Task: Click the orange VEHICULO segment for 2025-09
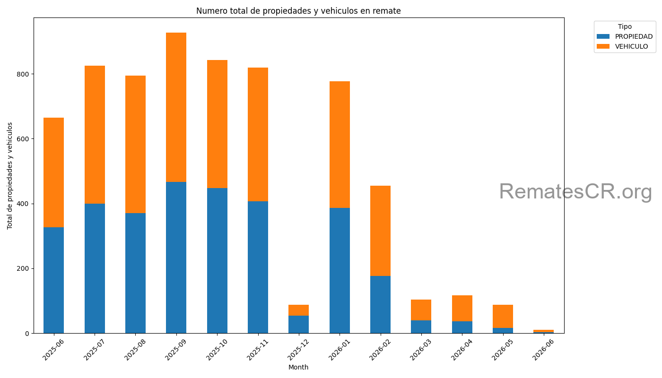point(176,107)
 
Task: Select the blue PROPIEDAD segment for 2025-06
point(53,280)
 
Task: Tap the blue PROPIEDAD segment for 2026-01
point(340,270)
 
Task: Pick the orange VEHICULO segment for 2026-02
point(380,231)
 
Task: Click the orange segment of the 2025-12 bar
point(298,310)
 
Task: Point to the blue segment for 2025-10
point(217,260)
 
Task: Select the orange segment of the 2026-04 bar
point(462,308)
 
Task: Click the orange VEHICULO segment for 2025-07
point(95,135)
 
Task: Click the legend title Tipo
point(625,27)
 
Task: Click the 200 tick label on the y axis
point(23,268)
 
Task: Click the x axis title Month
point(298,368)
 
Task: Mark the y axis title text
point(10,176)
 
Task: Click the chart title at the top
point(298,11)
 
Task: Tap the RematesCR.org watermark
point(575,192)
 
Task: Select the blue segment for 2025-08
point(135,273)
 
